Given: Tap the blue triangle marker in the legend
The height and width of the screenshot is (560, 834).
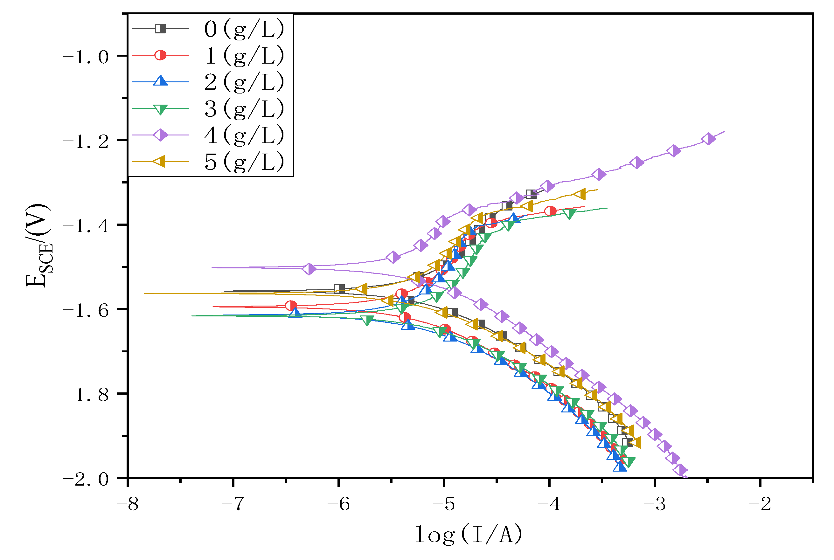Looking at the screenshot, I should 160,81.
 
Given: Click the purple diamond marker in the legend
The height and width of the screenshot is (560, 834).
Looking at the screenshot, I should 160,135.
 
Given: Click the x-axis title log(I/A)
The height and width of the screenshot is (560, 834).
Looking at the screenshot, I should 468,535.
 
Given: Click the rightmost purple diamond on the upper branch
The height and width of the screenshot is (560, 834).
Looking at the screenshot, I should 708,139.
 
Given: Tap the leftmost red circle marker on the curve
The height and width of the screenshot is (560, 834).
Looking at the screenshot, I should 291,305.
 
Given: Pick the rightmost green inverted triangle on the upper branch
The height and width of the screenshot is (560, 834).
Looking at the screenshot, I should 569,214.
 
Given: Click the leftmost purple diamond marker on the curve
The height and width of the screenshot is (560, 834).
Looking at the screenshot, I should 309,269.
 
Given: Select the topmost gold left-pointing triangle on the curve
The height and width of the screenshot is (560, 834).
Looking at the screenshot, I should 580,194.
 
